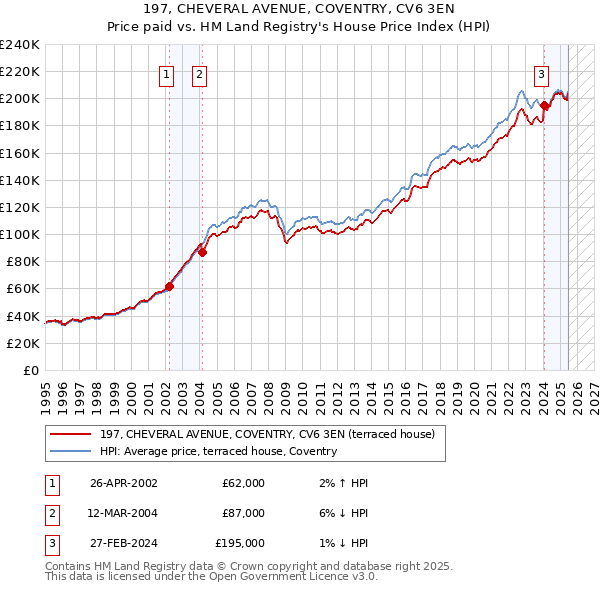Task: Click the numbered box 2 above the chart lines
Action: point(199,73)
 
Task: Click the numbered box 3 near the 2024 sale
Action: point(541,73)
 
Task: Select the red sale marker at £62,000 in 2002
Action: point(169,286)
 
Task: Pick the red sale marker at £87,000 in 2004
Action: point(202,252)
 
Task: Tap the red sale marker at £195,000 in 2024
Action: point(544,105)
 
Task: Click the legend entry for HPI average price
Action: point(218,452)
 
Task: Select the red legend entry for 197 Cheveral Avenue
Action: point(267,434)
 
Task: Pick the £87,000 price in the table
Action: point(243,513)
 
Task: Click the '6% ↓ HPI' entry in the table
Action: point(341,513)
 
